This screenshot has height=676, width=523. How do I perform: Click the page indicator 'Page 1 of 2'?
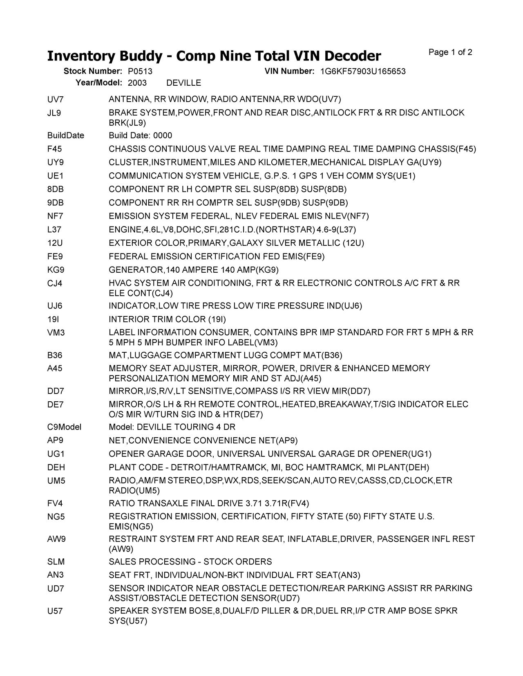[450, 52]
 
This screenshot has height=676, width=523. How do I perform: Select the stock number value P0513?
[140, 71]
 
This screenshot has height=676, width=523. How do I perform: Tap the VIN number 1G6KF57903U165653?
[363, 71]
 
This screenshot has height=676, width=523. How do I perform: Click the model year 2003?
[137, 83]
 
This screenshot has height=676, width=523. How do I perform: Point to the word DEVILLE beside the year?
[184, 83]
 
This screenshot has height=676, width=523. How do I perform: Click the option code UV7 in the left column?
[56, 99]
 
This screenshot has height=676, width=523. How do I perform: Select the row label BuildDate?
[65, 136]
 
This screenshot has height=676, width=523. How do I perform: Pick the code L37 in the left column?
[54, 229]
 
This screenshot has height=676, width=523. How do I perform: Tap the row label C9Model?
[64, 427]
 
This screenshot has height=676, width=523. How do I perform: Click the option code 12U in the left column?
[55, 243]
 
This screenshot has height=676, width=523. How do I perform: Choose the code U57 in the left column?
[55, 611]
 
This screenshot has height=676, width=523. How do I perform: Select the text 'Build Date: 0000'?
[140, 136]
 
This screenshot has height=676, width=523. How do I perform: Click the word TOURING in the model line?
[192, 427]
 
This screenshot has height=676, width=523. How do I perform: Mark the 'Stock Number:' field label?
[93, 71]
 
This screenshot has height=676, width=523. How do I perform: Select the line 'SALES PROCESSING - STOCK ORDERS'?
[190, 562]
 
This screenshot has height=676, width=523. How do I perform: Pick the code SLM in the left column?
[56, 562]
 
